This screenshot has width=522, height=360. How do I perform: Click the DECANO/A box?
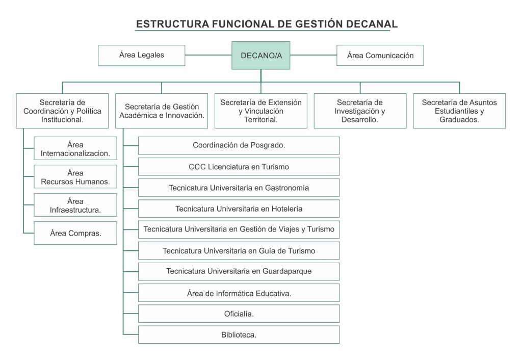coord(261,55)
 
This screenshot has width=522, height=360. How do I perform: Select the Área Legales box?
coord(141,55)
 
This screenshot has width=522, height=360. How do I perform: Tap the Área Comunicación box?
coord(380,56)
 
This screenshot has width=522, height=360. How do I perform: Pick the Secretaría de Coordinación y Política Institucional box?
coord(62,111)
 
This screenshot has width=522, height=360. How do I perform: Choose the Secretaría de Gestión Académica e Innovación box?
coord(162,111)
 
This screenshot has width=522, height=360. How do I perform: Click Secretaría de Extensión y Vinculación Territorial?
coord(260,111)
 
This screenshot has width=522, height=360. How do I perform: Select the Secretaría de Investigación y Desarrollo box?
coord(360,111)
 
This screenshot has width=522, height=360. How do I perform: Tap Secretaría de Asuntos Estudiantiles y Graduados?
coord(459,111)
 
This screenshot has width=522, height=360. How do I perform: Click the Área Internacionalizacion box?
coord(75,149)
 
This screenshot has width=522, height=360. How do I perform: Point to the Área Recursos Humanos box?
coord(75,177)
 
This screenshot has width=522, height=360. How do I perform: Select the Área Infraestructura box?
coord(75,205)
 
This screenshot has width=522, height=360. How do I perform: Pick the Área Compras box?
coord(75,233)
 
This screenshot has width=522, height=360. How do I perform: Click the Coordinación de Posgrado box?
coord(239,145)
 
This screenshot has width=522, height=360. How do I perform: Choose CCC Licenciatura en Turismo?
coord(239,166)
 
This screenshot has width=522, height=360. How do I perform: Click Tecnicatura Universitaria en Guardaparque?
coord(239,271)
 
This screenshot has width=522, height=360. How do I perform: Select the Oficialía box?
coord(239,314)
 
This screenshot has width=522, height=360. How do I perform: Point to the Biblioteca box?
coord(239,335)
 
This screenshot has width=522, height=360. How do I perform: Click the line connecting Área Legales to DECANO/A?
coord(208,55)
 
